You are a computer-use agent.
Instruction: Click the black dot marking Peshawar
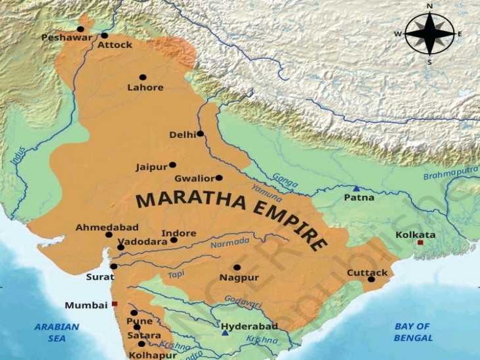coord(80,29)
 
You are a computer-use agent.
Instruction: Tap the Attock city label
coord(115,45)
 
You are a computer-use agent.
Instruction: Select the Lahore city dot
coord(143,77)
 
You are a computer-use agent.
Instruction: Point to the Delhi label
coord(182,135)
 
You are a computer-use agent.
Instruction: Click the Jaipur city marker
coord(172,165)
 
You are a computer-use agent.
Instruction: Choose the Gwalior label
coord(194,179)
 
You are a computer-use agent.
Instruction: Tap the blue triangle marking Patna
coord(356,189)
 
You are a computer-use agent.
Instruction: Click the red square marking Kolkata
coord(420,242)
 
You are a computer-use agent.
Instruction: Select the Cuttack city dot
coord(371,279)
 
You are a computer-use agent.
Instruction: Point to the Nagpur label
coord(239,278)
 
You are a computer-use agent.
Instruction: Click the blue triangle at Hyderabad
coord(226,333)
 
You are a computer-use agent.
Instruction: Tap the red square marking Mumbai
coord(114,304)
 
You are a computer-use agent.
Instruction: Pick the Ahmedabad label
coord(98,227)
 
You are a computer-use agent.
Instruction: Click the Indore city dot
coord(174,240)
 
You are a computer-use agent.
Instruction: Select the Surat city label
coord(100,277)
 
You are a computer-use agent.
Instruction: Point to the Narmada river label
coord(230,244)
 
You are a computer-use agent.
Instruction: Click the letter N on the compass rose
coord(429,7)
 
